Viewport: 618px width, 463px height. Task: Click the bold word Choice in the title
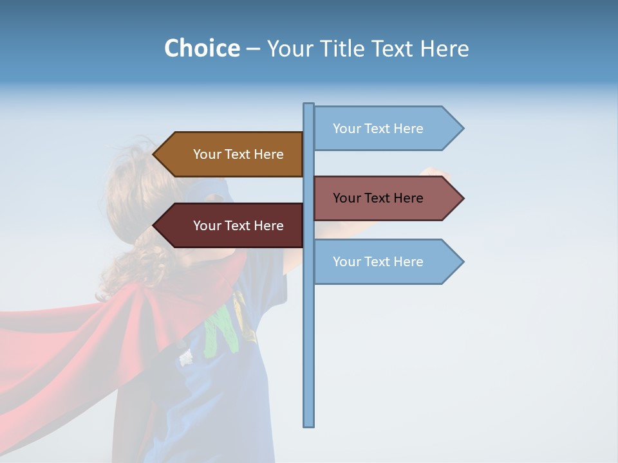(201, 48)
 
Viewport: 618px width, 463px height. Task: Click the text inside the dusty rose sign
(378, 198)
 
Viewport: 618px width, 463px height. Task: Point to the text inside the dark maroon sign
(238, 226)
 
